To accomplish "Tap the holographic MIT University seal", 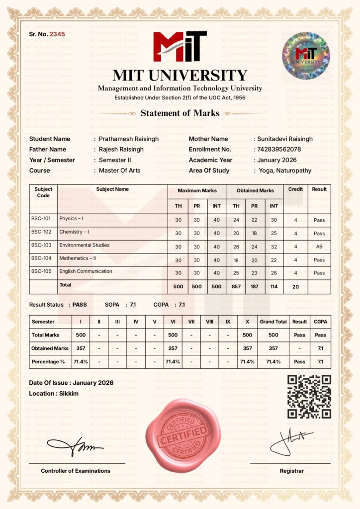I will pyautogui.click(x=306, y=56).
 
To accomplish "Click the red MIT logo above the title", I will pyautogui.click(x=180, y=46).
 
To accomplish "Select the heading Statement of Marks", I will pyautogui.click(x=180, y=113).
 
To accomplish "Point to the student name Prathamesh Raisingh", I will pyautogui.click(x=129, y=139).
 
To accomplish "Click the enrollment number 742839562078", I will pyautogui.click(x=278, y=149).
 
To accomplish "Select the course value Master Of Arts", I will pyautogui.click(x=119, y=170).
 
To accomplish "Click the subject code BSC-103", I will pyautogui.click(x=41, y=245).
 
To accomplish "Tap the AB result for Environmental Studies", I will pyautogui.click(x=319, y=246).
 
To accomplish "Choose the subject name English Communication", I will pyautogui.click(x=86, y=271).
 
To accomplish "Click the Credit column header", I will pyautogui.click(x=295, y=189).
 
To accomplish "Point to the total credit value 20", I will pyautogui.click(x=295, y=286).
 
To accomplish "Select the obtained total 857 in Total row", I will pyautogui.click(x=236, y=286).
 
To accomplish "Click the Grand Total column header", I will pyautogui.click(x=273, y=322).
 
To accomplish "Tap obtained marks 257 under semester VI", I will pyautogui.click(x=173, y=348).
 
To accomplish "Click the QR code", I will pyautogui.click(x=309, y=397).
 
